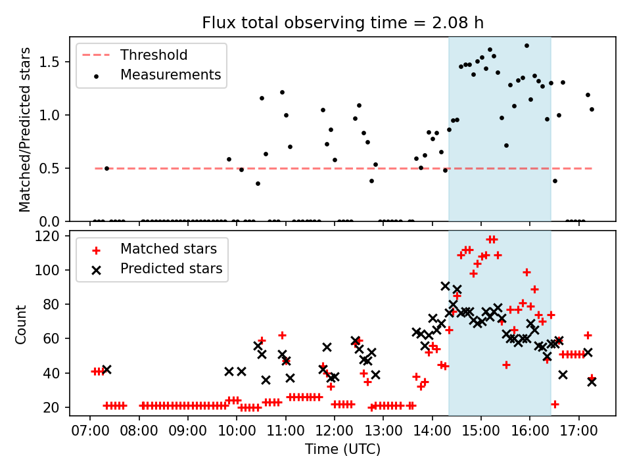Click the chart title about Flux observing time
(342, 24)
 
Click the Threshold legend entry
(153, 55)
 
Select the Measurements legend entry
(170, 75)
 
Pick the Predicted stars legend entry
(171, 269)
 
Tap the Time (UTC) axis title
(342, 450)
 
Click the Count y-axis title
(22, 324)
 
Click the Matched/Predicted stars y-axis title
(25, 129)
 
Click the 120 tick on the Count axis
(50, 236)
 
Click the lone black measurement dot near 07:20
(106, 168)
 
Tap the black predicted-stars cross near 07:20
(106, 369)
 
